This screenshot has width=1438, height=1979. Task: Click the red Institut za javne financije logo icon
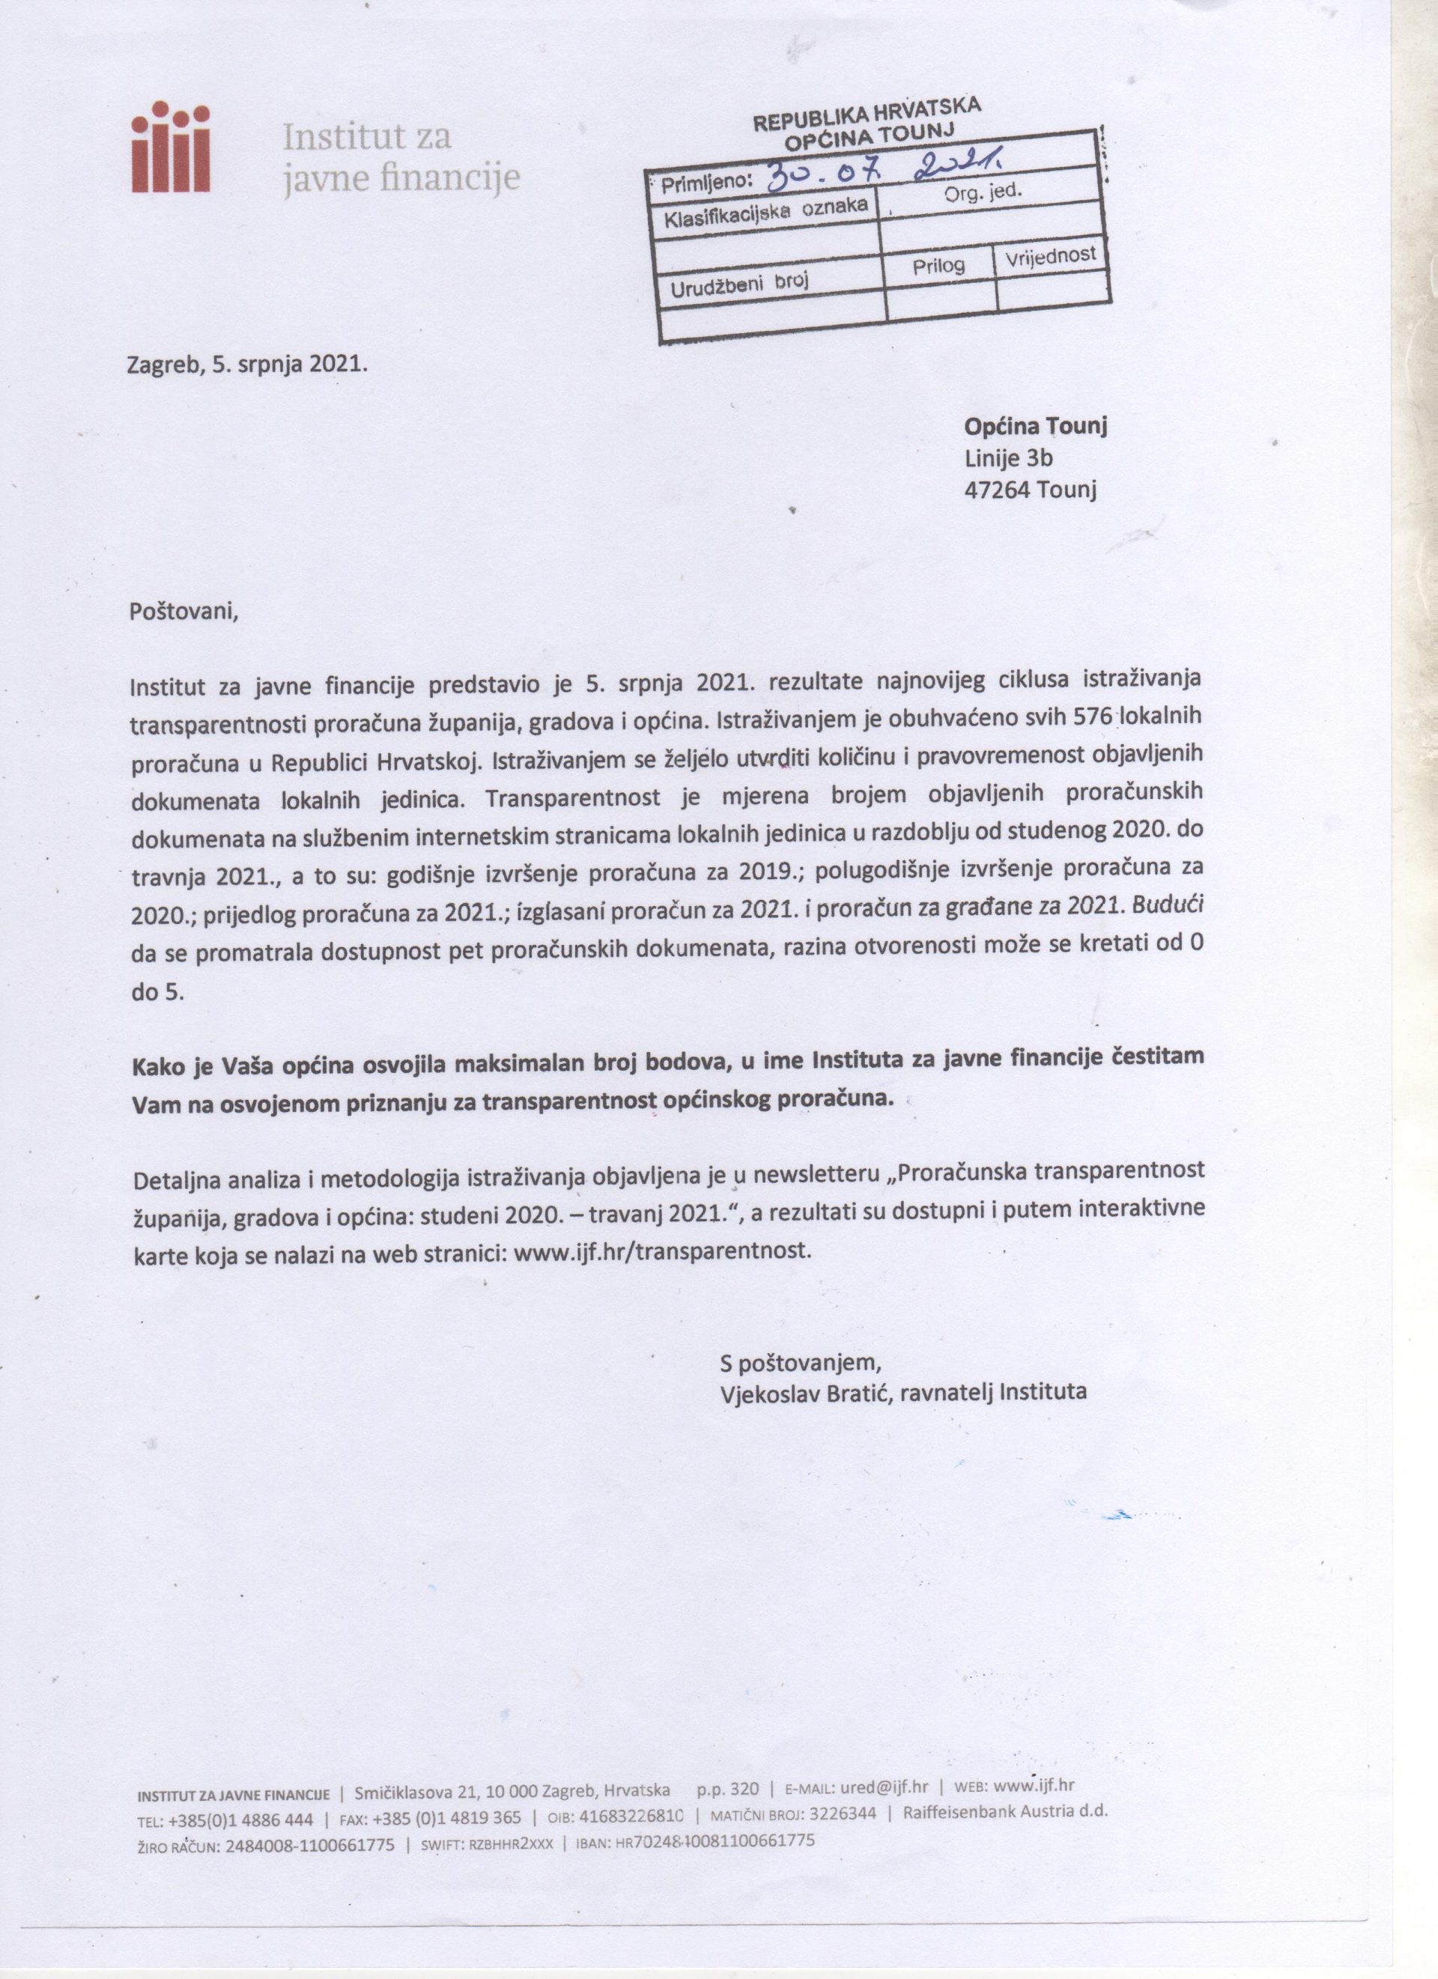tap(170, 146)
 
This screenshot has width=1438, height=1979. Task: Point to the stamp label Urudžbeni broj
tap(740, 285)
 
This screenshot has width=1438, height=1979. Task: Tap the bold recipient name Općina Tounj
tap(1036, 427)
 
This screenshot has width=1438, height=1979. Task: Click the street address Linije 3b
tap(1009, 458)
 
